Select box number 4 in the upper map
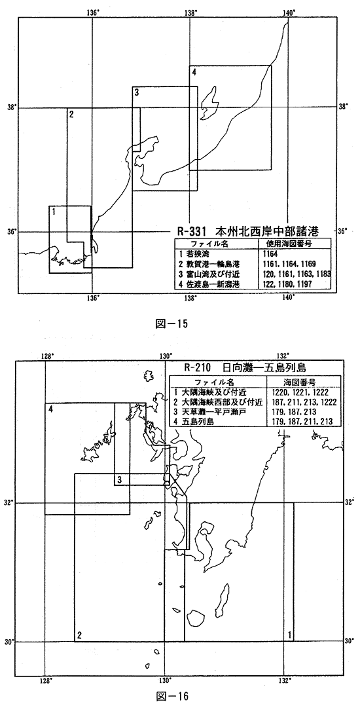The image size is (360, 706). coord(193,72)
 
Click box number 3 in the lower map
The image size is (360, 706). coord(119,480)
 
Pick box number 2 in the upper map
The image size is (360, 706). coord(71,115)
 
